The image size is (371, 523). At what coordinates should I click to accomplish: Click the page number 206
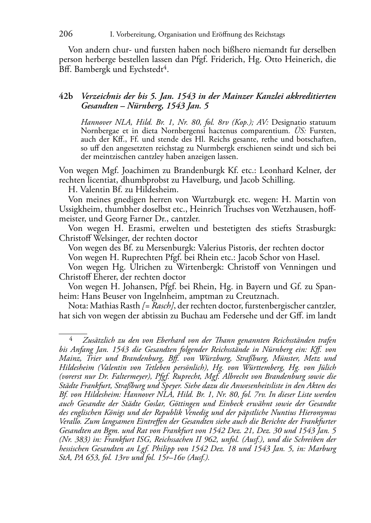click(66, 34)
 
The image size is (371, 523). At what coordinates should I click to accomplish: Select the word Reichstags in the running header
click(269, 35)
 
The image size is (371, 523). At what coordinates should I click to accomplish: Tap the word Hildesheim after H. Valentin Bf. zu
click(157, 190)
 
